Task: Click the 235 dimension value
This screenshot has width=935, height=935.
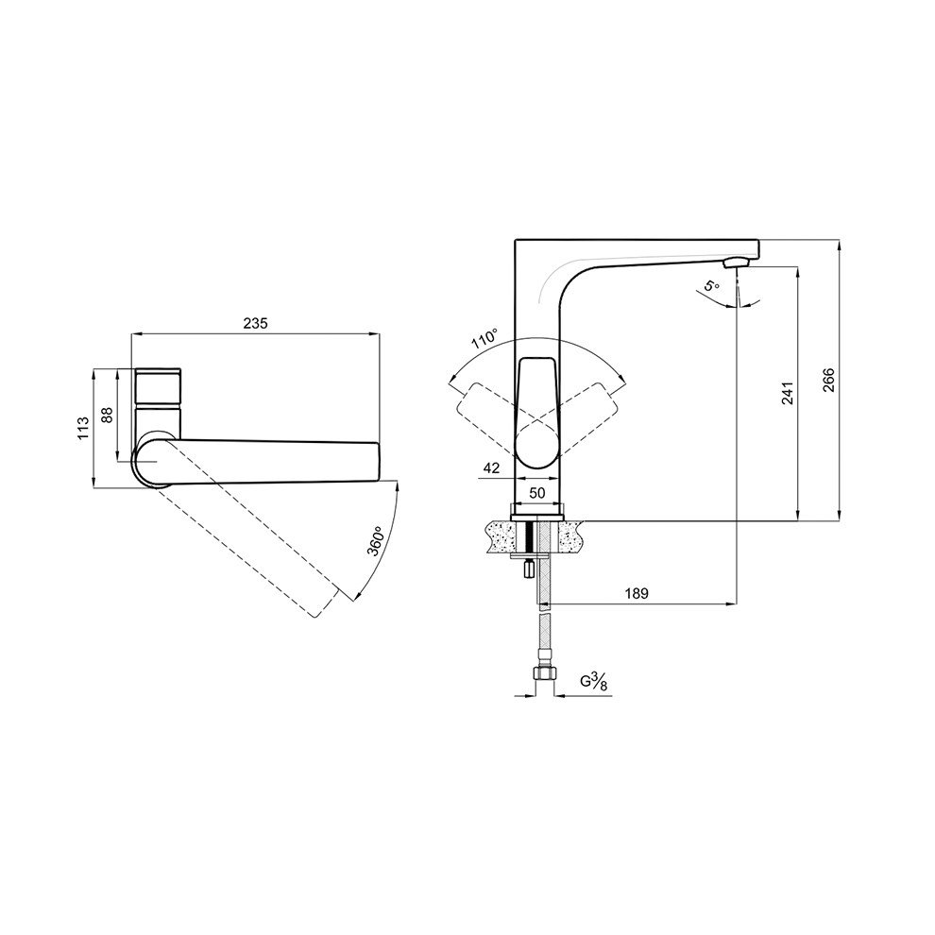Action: [x=255, y=323]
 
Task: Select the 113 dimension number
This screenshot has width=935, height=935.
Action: [x=83, y=428]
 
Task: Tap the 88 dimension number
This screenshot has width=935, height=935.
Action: [x=108, y=415]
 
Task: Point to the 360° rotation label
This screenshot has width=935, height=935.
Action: [x=376, y=541]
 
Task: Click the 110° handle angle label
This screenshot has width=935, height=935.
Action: [x=484, y=339]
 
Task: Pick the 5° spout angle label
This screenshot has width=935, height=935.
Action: [x=711, y=285]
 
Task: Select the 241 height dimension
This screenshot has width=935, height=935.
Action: [x=789, y=394]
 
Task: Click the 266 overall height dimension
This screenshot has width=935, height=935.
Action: [x=829, y=381]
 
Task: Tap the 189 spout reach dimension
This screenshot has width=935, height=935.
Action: [x=637, y=593]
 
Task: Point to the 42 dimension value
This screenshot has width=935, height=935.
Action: [x=491, y=468]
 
